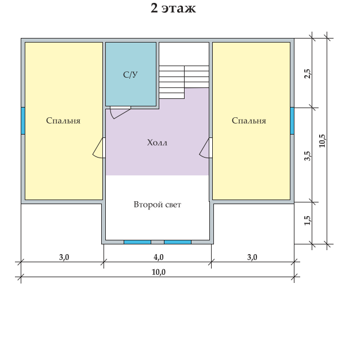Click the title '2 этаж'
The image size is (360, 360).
173,8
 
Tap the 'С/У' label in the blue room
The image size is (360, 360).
131,75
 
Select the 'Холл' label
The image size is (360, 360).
157,143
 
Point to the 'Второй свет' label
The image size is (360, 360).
157,205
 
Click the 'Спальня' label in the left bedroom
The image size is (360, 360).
63,121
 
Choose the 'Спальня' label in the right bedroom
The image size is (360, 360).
249,121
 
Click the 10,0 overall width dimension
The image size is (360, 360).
158,272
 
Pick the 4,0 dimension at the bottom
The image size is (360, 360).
158,257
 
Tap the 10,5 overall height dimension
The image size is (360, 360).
322,141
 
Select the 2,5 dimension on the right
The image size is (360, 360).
307,74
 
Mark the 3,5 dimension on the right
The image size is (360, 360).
307,156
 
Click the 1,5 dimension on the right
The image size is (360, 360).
307,221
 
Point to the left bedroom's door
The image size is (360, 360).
98,148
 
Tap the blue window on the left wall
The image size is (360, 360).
23,121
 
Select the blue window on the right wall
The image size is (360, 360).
292,121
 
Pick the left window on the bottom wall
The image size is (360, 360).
137,242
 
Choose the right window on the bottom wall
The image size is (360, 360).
178,242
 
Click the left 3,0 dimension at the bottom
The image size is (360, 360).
64,257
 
